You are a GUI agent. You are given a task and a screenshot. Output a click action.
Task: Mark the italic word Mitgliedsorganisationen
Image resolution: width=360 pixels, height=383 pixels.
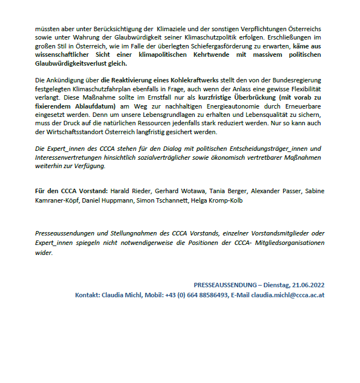287,243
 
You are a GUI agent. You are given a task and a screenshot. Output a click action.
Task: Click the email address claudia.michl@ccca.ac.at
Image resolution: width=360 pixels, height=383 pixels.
288,294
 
